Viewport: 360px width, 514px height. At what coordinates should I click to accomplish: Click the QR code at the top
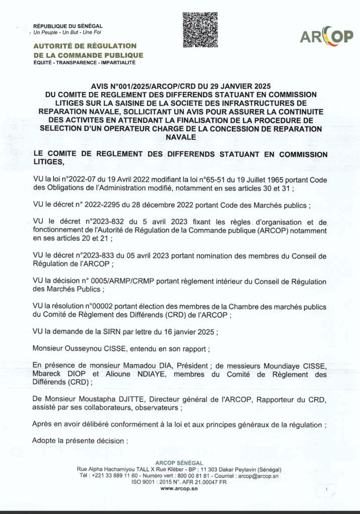[x=200, y=30]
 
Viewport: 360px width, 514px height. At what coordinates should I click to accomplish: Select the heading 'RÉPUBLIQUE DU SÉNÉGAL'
[x=68, y=26]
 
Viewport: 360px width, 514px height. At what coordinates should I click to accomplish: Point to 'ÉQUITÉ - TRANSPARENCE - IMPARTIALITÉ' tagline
[x=84, y=63]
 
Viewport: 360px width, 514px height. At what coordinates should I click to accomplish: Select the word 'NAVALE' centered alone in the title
[x=180, y=136]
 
